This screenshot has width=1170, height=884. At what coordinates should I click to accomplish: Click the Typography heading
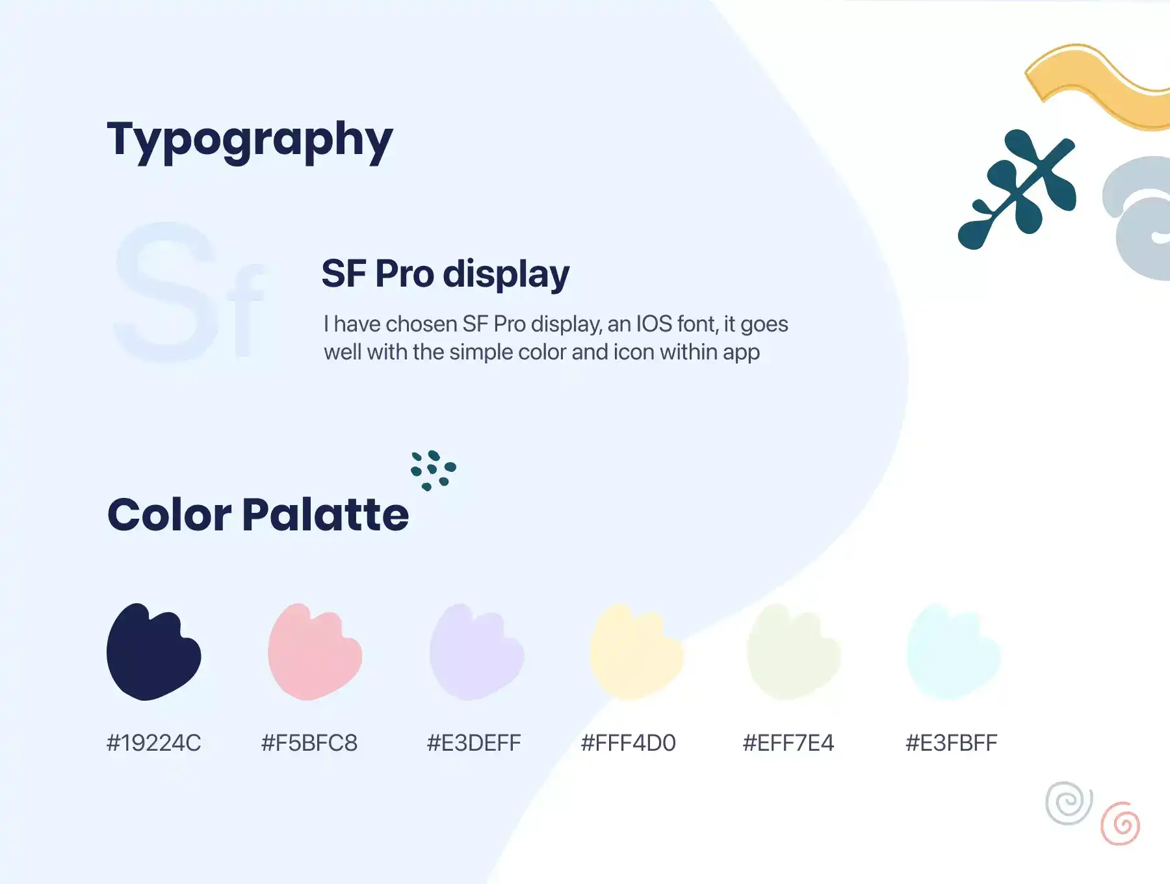250,140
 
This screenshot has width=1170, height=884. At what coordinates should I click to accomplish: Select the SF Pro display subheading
445,274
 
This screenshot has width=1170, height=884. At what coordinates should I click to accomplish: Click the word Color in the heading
169,514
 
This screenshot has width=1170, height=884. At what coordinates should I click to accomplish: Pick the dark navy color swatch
153,652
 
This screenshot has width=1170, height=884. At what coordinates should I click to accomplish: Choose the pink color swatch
315,652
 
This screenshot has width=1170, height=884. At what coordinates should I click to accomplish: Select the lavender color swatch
476,652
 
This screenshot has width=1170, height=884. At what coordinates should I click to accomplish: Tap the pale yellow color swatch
637,652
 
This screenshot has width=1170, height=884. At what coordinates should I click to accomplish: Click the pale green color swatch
794,652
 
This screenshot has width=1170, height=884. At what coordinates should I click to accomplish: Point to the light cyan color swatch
954,652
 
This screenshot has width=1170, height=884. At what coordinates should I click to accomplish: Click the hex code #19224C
154,743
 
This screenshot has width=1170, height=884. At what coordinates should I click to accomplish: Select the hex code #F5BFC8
309,743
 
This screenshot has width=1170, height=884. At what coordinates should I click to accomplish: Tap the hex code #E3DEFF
474,743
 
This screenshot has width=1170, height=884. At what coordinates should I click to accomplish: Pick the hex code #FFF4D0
629,743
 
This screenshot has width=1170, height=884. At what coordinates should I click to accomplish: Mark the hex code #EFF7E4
788,743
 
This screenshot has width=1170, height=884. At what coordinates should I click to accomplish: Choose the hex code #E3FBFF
952,743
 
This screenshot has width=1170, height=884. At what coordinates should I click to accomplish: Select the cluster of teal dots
434,470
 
